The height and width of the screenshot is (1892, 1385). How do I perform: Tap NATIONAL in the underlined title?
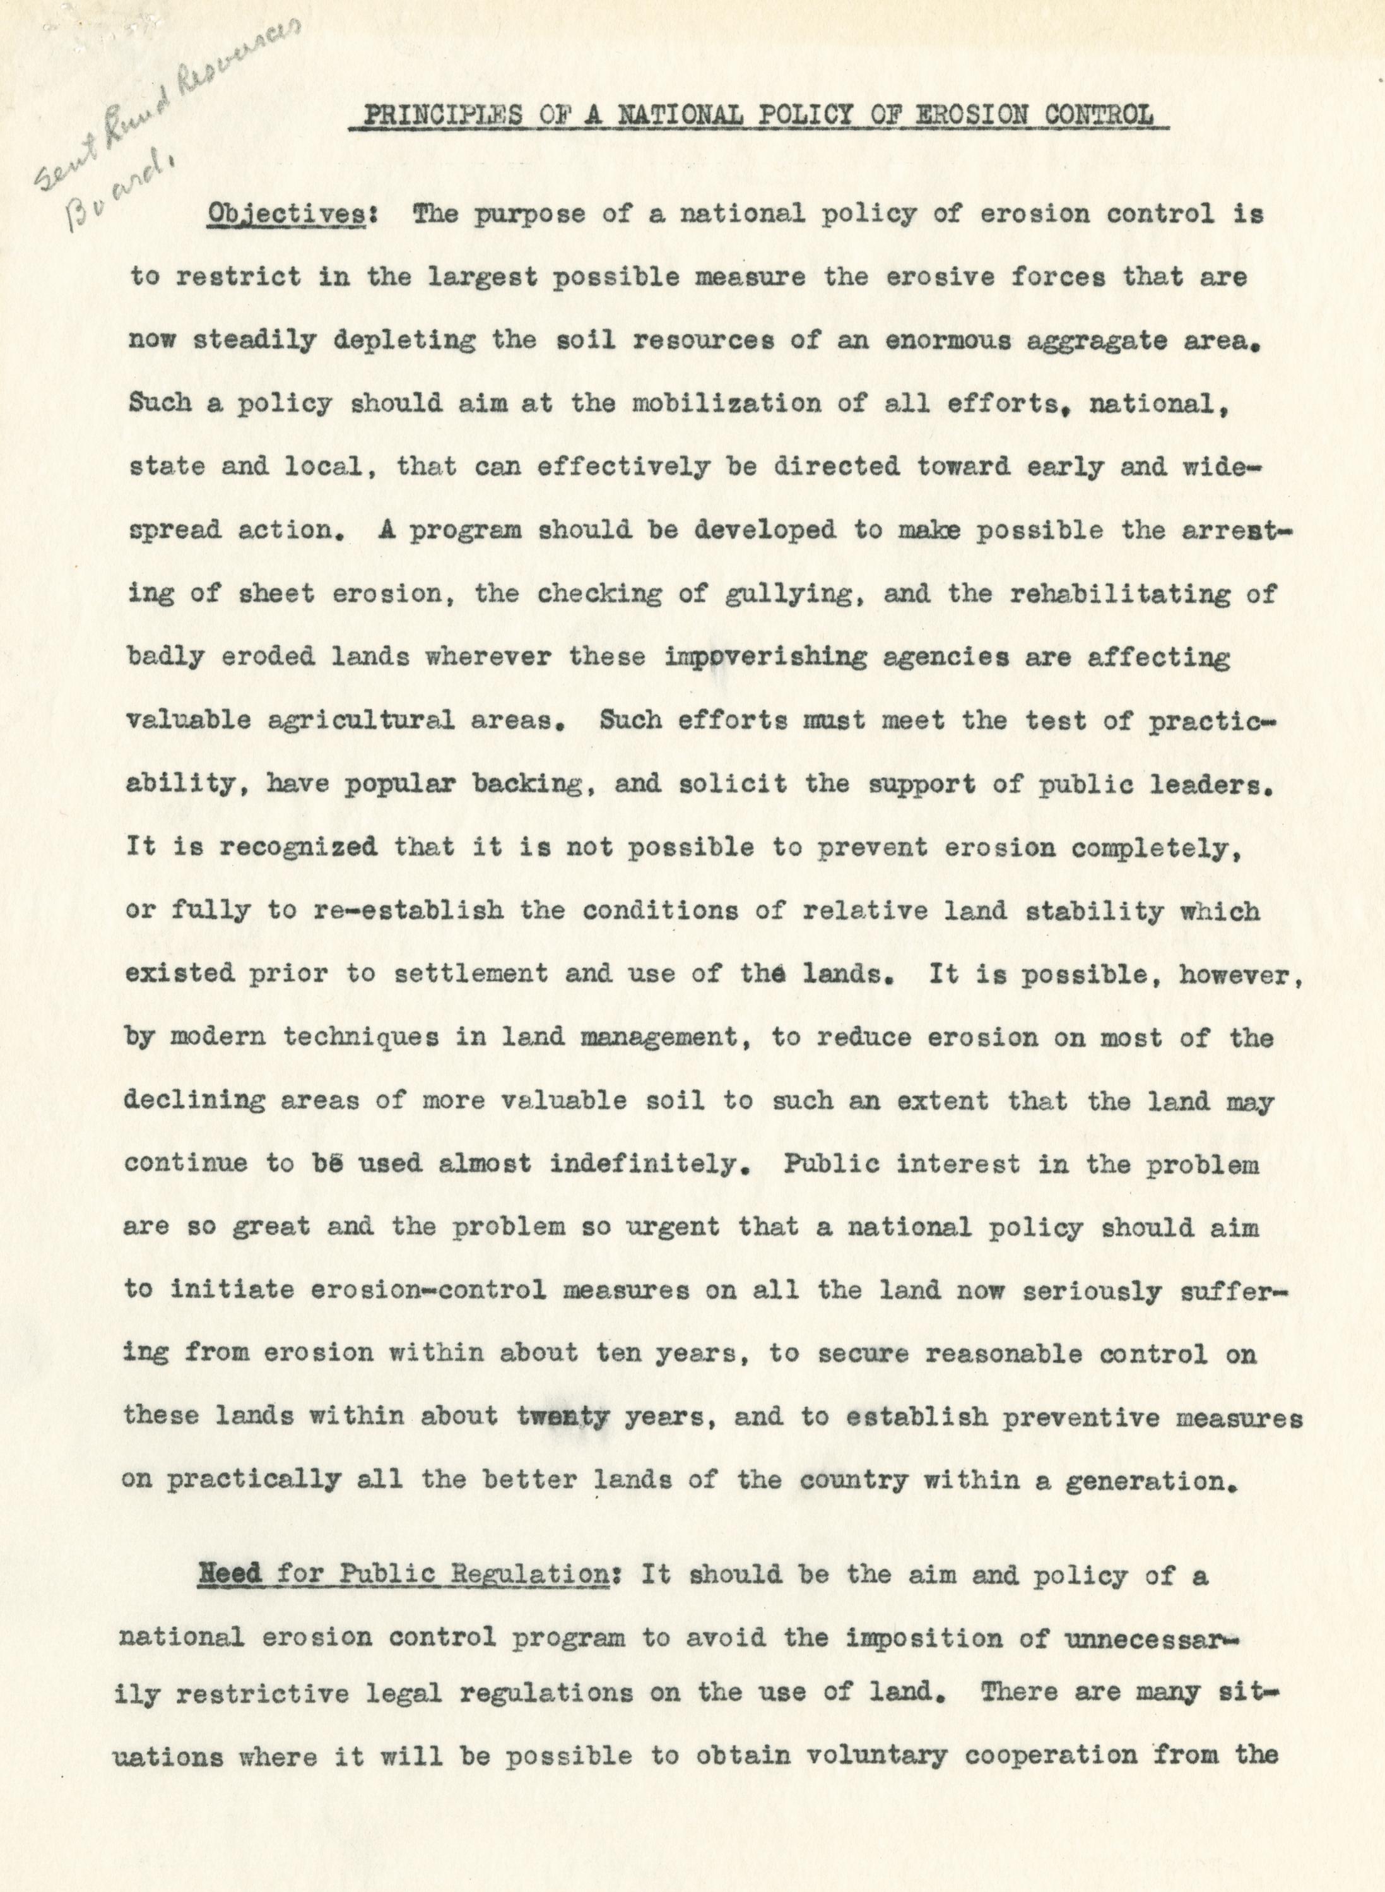[x=680, y=115]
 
